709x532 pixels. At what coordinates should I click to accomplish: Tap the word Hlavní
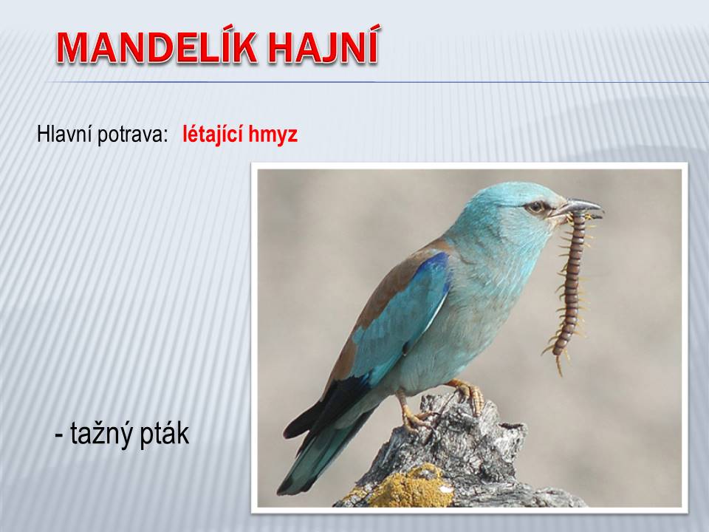[x=64, y=134]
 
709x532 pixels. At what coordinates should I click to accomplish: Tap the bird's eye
[x=536, y=207]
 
